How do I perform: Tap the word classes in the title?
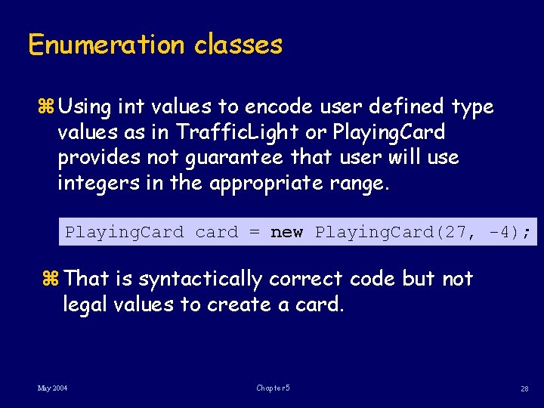(238, 45)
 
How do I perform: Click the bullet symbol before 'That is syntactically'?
(52, 280)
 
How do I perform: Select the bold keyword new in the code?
(286, 232)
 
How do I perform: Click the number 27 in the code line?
(456, 232)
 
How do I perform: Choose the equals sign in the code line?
(255, 232)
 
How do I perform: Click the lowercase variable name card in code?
(216, 232)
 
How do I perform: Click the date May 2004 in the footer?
(52, 388)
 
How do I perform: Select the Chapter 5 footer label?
(272, 388)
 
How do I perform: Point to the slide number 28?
(524, 388)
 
